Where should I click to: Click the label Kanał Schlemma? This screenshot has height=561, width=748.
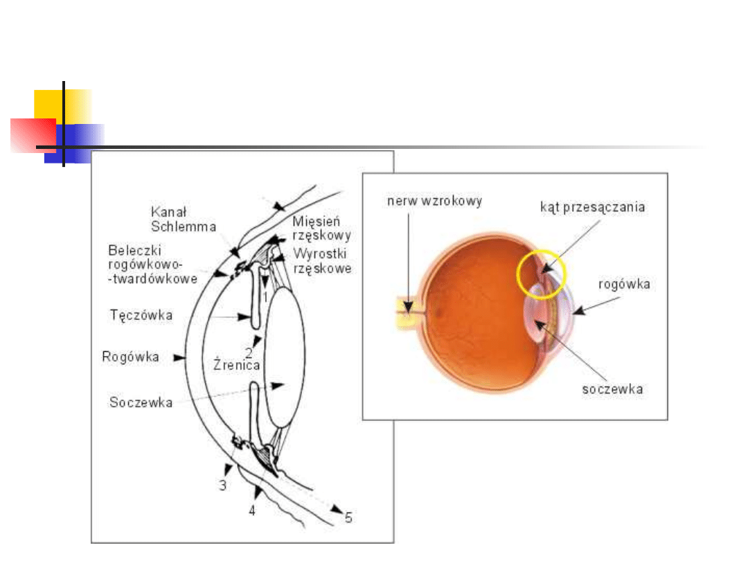183,218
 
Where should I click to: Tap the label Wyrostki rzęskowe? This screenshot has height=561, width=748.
322,260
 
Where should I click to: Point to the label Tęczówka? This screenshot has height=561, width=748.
141,316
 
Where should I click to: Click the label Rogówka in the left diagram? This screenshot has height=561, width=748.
131,357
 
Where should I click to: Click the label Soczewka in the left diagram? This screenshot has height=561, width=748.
141,402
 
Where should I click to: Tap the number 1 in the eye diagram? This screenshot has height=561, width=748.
265,296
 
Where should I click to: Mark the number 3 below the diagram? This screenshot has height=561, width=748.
222,486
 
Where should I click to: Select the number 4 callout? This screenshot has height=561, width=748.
252,511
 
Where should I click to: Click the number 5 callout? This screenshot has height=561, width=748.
348,517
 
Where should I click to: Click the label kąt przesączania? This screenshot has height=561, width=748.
593,207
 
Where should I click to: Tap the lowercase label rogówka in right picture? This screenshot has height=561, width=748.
624,284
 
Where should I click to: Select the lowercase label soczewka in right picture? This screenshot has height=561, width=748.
612,389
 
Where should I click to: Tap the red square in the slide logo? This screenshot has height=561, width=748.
32,134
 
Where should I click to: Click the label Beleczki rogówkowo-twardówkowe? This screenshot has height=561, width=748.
152,264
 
